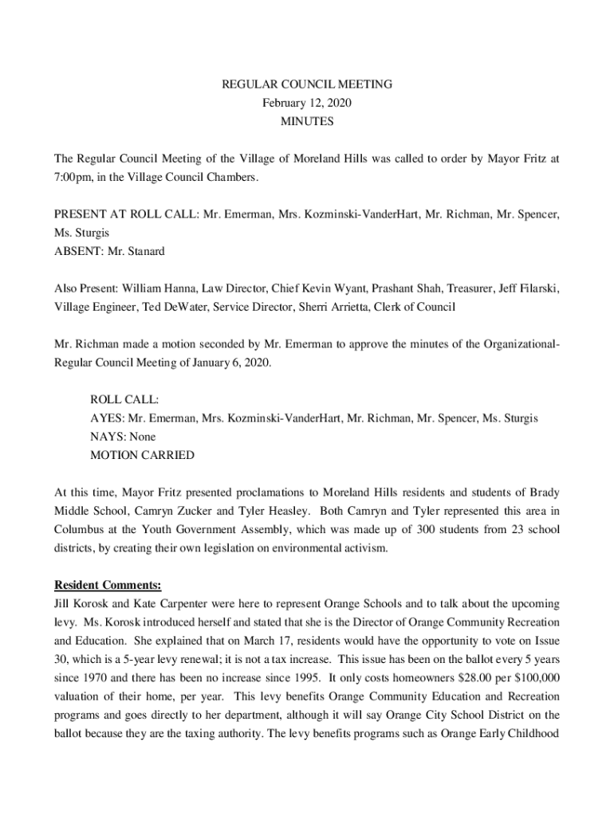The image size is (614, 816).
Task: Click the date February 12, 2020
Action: [307, 103]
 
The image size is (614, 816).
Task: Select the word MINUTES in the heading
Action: [307, 122]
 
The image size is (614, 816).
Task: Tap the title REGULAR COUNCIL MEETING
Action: [307, 84]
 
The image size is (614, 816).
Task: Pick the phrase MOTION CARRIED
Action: [142, 456]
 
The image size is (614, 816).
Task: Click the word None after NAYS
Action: [140, 437]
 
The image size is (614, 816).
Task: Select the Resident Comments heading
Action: [108, 585]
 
